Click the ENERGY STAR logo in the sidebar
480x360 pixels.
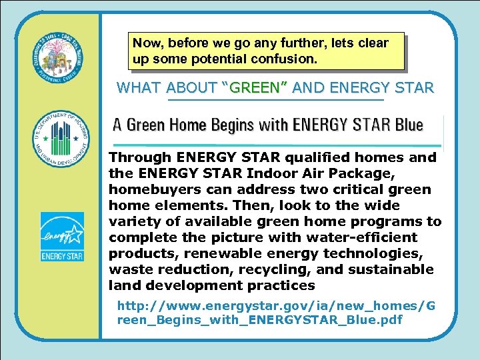(62, 237)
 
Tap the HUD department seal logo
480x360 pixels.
(61, 139)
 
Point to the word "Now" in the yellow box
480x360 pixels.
(145, 43)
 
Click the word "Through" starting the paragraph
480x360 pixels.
(139, 157)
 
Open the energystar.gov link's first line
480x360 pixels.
(276, 305)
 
